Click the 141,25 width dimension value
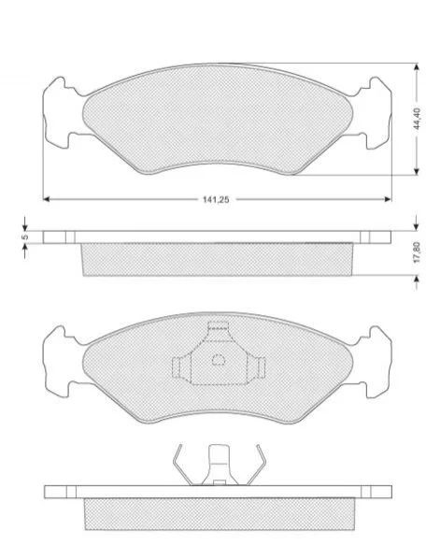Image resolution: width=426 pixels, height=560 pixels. pyautogui.click(x=216, y=200)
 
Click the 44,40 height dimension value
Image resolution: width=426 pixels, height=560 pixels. pyautogui.click(x=419, y=118)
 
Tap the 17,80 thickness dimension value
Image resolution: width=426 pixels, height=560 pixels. pyautogui.click(x=419, y=252)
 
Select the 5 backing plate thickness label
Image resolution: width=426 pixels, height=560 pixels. pyautogui.click(x=24, y=237)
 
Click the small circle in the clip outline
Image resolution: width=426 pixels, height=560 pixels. pyautogui.click(x=219, y=359)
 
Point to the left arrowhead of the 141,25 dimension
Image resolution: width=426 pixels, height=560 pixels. pyautogui.click(x=46, y=199)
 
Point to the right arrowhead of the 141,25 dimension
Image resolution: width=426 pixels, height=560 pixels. pyautogui.click(x=388, y=199)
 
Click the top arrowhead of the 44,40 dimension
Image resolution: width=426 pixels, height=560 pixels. pyautogui.click(x=416, y=66)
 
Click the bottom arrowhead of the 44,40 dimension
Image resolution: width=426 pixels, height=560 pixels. pyautogui.click(x=416, y=171)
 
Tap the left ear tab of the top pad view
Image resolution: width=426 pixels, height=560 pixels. pyautogui.click(x=59, y=112)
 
